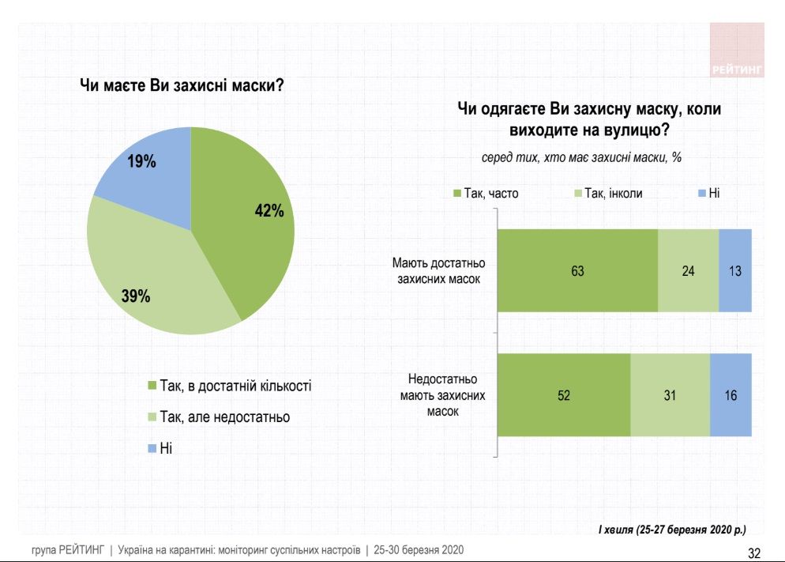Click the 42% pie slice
[x=249, y=221]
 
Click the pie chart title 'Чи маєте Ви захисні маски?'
[x=182, y=85]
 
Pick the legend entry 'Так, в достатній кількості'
[x=229, y=387]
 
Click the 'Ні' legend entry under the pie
[x=164, y=447]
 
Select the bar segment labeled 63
[x=577, y=270]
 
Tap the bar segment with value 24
[x=688, y=270]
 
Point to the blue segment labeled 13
[x=735, y=270]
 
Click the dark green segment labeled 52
[x=564, y=394]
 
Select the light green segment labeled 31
[x=670, y=394]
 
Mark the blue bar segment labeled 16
[x=731, y=394]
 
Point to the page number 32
[x=753, y=551]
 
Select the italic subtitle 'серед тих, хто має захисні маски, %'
[x=581, y=157]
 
